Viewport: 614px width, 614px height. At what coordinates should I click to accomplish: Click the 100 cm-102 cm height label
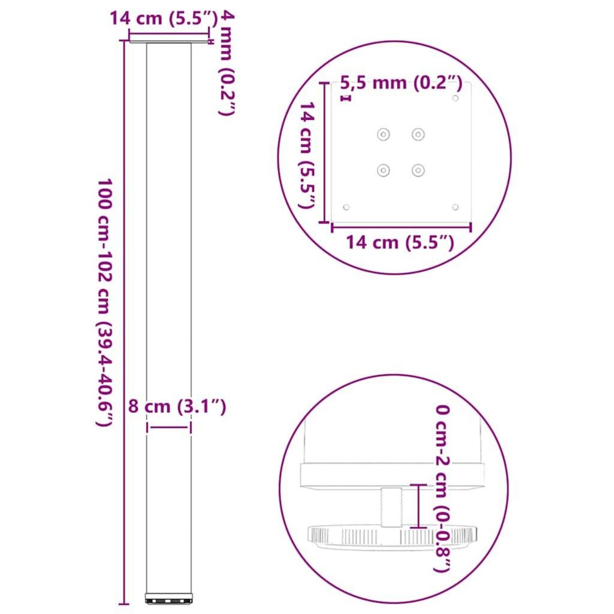click(x=105, y=302)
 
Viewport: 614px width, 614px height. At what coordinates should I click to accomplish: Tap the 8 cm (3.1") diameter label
click(x=177, y=407)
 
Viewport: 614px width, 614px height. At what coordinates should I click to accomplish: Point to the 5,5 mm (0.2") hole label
click(x=402, y=83)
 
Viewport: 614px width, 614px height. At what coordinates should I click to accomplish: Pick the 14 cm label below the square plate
click(x=400, y=242)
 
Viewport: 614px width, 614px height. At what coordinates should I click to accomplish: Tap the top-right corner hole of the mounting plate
click(x=456, y=98)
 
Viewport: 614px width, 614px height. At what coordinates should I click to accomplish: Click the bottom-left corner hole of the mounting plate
click(x=346, y=207)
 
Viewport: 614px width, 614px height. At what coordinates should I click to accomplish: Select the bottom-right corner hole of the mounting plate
click(x=456, y=207)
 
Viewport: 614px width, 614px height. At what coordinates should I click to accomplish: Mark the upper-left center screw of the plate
click(x=383, y=135)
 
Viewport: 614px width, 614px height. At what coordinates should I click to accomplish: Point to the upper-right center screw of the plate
click(x=419, y=135)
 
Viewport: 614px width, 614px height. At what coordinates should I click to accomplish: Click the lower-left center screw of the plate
click(x=383, y=170)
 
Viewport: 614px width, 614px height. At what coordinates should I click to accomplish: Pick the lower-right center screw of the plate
click(x=419, y=170)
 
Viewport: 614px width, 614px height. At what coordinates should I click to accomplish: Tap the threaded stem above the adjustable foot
click(x=392, y=507)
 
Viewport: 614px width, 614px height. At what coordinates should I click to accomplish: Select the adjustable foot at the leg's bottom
click(x=169, y=598)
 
